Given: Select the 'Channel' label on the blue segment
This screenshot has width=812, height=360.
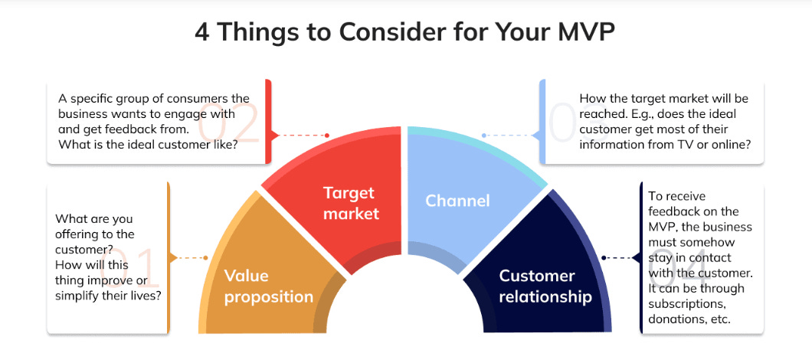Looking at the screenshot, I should (x=457, y=201).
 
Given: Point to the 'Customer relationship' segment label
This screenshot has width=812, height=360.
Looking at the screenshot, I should (x=545, y=286).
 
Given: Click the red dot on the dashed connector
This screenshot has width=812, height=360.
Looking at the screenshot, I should (x=327, y=136).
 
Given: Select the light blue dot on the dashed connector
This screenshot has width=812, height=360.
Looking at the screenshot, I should (x=484, y=136).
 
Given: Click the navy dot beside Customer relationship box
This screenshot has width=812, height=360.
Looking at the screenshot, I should (x=604, y=257).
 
